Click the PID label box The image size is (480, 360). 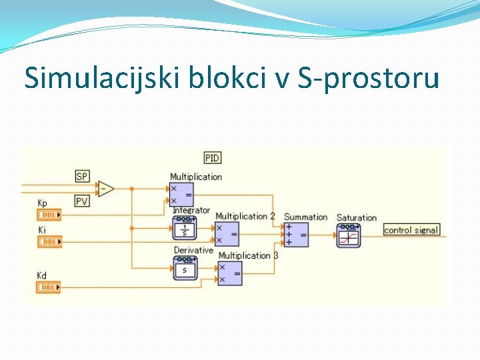pos(213,158)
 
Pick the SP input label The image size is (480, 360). pos(82,177)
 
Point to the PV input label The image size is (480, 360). pos(82,201)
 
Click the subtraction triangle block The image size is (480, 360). pos(106,189)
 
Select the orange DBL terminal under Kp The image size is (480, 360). pos(49,215)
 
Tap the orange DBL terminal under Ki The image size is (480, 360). pos(49,241)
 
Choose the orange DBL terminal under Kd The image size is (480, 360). pos(49,287)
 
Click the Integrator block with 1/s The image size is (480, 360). pos(185,229)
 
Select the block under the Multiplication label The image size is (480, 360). pos(181,194)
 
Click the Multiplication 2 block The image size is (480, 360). pos(227,234)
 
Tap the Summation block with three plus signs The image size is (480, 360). pos(296,234)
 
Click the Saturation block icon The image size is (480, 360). pos(349,235)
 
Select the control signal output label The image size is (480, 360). pos(411,230)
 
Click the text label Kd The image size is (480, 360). pos(43,275)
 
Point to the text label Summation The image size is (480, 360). pos(305,217)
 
